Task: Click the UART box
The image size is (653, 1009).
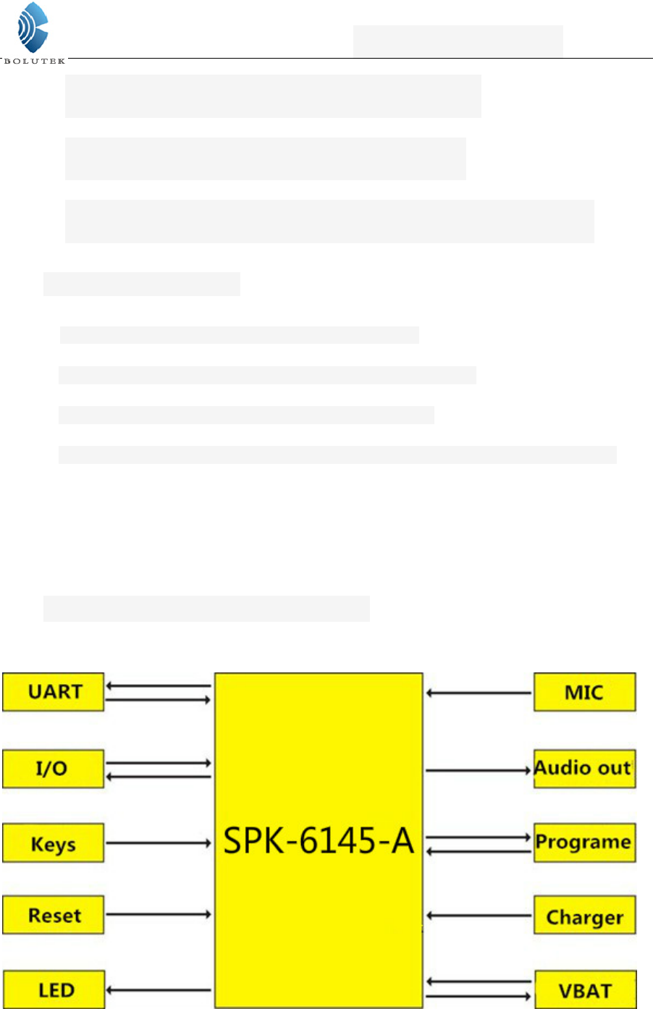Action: click(x=54, y=692)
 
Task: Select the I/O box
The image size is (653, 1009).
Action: click(x=54, y=769)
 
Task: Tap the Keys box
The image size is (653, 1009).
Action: click(x=54, y=843)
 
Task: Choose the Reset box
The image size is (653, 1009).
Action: click(x=54, y=916)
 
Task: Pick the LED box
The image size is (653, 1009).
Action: click(x=54, y=989)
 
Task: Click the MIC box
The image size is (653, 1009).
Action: click(x=584, y=693)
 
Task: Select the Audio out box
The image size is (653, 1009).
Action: click(x=584, y=769)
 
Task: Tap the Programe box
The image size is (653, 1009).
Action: click(x=584, y=843)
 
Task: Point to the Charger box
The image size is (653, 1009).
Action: click(x=584, y=916)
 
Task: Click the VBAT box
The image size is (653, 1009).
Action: click(x=584, y=990)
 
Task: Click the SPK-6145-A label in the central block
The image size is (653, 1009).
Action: click(x=319, y=841)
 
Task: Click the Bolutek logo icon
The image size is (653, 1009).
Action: click(x=33, y=28)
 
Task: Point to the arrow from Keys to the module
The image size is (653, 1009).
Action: click(x=159, y=843)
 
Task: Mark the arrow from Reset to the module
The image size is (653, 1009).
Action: click(x=159, y=915)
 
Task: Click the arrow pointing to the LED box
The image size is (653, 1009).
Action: click(x=159, y=990)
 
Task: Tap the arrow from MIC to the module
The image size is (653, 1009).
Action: click(x=479, y=693)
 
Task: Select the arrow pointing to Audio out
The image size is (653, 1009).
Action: click(x=479, y=770)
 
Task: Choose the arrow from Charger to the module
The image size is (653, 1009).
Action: click(x=479, y=916)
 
